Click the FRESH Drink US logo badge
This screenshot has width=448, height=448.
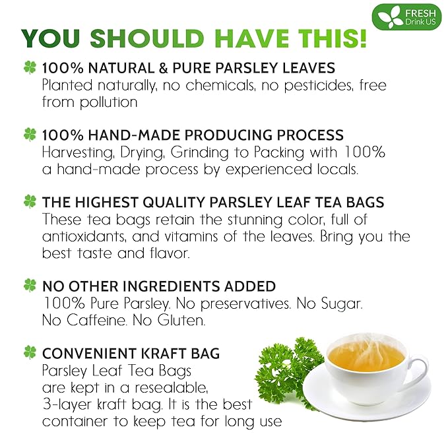tap(406, 16)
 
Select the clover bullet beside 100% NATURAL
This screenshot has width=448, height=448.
tap(30, 67)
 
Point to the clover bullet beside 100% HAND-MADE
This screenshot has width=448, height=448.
tap(30, 135)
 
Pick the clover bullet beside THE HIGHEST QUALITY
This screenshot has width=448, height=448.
tap(30, 201)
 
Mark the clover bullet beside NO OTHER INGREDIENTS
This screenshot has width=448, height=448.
tap(30, 286)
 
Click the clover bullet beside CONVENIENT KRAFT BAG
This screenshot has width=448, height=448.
tap(30, 352)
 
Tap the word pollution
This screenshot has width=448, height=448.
tap(107, 102)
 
